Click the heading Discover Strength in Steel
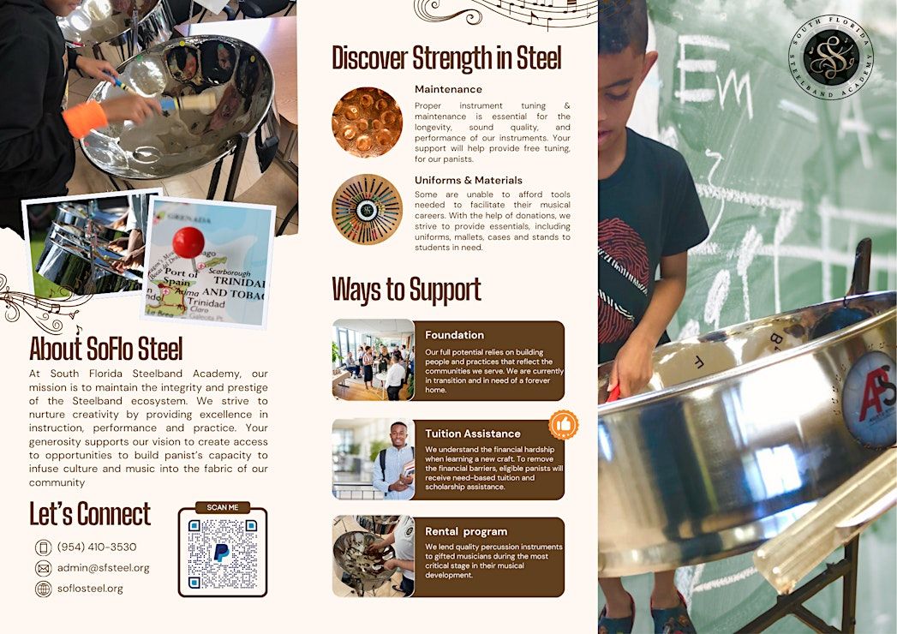446,57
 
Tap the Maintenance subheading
449,89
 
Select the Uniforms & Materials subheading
469,180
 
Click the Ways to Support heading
406,290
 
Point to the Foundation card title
454,335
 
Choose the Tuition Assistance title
473,434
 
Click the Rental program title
466,531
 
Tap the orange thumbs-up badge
564,425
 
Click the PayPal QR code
222,553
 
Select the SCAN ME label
223,507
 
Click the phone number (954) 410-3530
97,547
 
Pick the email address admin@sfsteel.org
103,568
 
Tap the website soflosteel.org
90,589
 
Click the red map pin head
188,242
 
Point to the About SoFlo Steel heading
106,349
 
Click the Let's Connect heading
90,514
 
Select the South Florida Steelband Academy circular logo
831,57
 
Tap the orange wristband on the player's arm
85,120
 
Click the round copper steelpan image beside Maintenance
367,122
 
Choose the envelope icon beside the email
44,568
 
